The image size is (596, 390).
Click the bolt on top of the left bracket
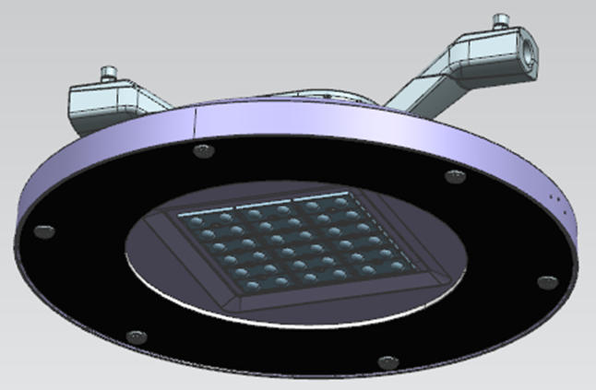coord(109,71)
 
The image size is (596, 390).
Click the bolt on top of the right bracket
coord(500,19)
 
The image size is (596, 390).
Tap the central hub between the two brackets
coord(304,100)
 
